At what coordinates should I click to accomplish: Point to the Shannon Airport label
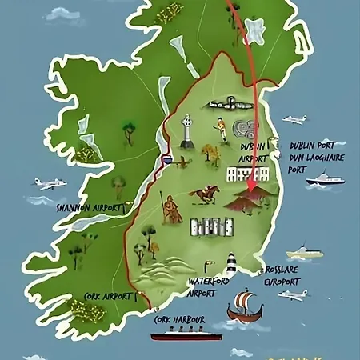pos(89,206)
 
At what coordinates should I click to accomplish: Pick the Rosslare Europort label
pos(284,275)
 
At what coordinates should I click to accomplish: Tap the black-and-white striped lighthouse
pos(231,265)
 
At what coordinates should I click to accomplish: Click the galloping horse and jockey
pos(206,194)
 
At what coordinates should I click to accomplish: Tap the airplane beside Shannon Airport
pos(50,184)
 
